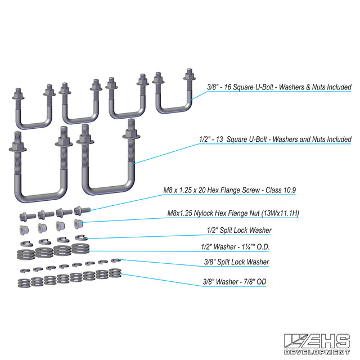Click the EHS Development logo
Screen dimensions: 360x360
point(317,344)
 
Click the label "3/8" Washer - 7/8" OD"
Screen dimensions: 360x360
point(235,281)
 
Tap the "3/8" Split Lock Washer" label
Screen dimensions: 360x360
point(236,262)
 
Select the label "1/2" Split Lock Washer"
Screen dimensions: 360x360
point(239,230)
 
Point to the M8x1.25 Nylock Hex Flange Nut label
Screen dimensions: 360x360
point(233,213)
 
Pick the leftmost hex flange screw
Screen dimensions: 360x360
point(28,217)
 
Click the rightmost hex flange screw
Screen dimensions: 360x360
point(82,210)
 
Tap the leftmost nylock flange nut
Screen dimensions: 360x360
point(24,230)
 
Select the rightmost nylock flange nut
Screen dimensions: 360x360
point(79,224)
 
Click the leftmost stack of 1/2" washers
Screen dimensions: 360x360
point(26,254)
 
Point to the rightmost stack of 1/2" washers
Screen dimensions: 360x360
point(80,248)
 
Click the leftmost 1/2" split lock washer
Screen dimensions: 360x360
point(26,244)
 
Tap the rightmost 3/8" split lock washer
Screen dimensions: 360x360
point(116,260)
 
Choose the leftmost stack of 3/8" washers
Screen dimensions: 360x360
point(24,283)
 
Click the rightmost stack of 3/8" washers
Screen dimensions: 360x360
point(115,272)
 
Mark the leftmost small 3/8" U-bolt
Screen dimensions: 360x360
point(34,107)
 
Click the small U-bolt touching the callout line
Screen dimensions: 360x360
point(174,91)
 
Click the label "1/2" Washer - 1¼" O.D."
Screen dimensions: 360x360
point(235,247)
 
